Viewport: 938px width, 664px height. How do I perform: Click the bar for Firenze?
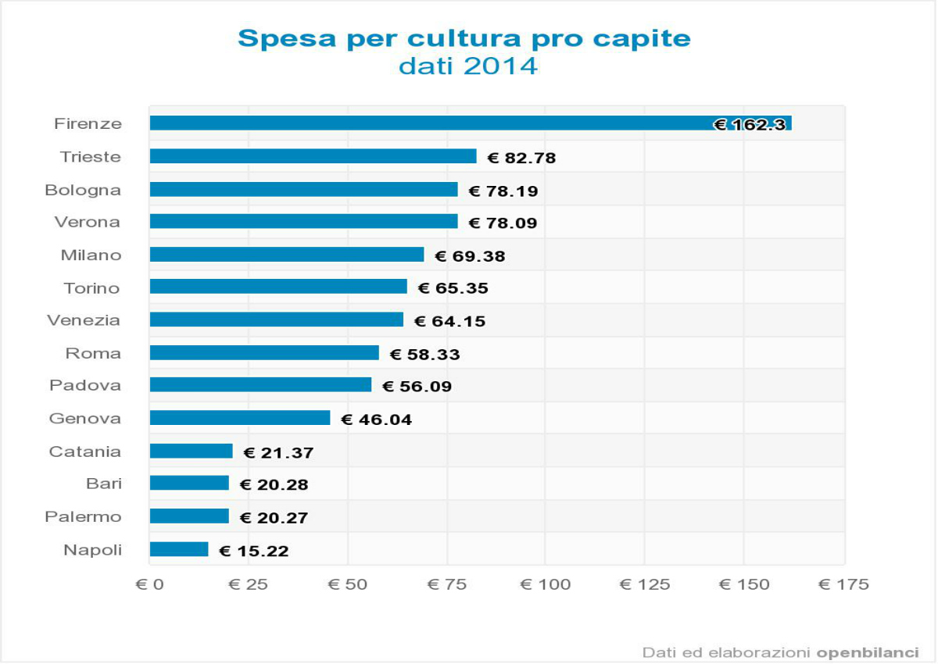click(430, 123)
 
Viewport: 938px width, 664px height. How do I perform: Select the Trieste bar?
click(313, 156)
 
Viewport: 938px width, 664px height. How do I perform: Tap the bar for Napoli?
click(179, 549)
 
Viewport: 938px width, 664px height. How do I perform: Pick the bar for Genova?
click(240, 418)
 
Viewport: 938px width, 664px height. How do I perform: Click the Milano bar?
click(287, 255)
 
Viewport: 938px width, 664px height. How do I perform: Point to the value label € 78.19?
click(503, 191)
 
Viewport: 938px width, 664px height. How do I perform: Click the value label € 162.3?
click(750, 125)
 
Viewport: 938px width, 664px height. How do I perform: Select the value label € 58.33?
click(424, 355)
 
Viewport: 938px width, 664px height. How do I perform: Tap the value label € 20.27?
click(274, 518)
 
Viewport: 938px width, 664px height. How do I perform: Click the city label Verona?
click(88, 223)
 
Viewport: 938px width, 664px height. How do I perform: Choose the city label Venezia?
click(84, 320)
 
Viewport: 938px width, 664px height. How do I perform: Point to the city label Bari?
click(104, 484)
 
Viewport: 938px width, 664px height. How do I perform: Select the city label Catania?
click(85, 452)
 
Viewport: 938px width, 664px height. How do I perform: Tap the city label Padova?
click(85, 385)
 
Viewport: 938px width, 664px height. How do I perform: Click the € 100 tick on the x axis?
click(546, 585)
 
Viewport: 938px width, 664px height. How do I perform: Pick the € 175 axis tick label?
click(843, 585)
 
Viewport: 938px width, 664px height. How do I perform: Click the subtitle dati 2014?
click(468, 66)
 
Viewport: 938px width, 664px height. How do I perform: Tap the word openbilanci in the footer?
click(868, 652)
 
